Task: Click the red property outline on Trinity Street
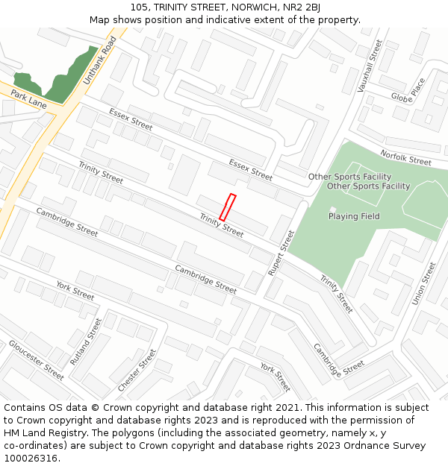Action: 228,207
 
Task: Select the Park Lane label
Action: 28,99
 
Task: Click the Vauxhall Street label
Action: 370,66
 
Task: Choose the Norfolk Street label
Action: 405,157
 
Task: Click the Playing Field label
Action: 354,216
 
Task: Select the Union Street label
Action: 423,283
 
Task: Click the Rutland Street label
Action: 86,341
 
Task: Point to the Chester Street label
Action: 137,371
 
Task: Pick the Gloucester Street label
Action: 36,361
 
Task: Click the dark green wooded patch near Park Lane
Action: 60,78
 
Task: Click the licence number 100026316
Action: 31,459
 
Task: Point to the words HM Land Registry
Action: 42,433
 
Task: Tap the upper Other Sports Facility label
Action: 349,177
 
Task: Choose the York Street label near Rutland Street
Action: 75,291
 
